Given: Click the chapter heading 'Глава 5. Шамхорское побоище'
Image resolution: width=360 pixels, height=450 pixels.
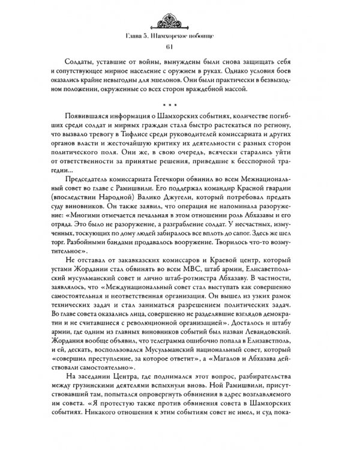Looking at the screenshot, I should click(180, 37).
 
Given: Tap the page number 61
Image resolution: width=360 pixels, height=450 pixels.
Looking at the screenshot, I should click(180, 49).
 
